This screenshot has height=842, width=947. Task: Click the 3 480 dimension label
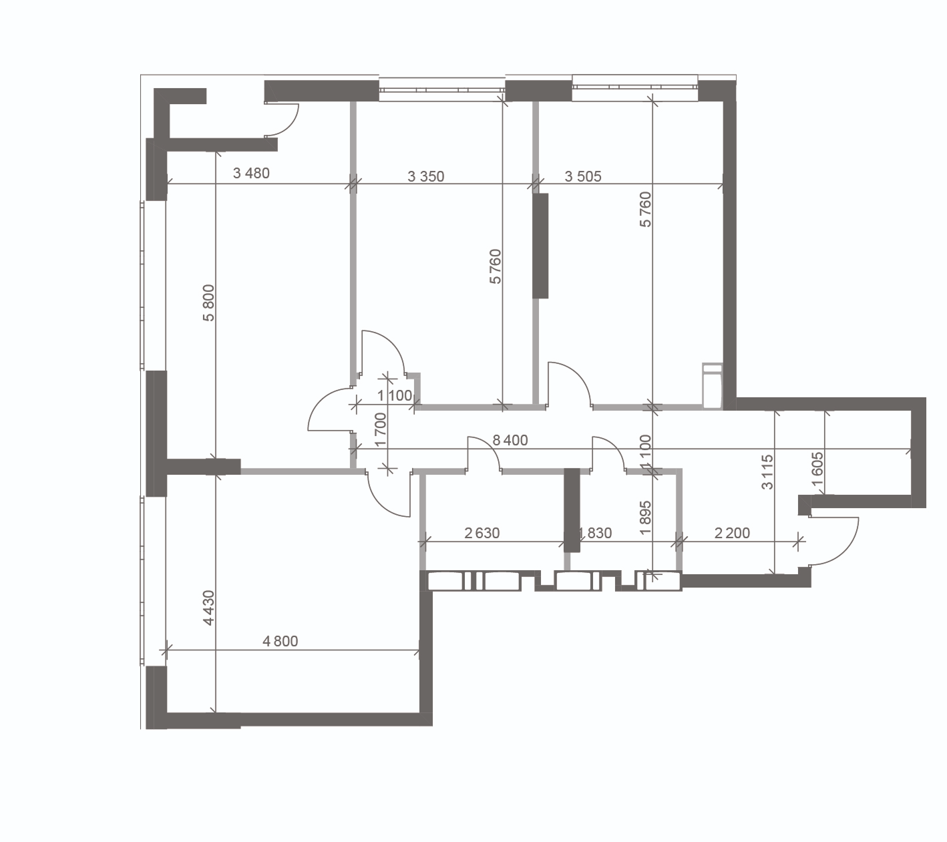tap(251, 174)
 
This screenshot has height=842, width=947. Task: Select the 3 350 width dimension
tap(426, 176)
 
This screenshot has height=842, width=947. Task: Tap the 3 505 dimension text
tap(583, 176)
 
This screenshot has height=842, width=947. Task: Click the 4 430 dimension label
tap(208, 608)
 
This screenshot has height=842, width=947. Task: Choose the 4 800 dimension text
tap(280, 641)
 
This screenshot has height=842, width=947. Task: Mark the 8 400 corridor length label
tap(510, 440)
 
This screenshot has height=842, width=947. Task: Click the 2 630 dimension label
tap(482, 533)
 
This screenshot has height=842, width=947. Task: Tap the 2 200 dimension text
tap(732, 533)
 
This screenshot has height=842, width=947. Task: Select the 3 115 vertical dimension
tap(767, 472)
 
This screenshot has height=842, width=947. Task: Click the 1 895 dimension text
tap(646, 518)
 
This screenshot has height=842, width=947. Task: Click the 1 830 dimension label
tap(594, 533)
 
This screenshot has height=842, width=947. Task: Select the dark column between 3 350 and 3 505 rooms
tap(540, 246)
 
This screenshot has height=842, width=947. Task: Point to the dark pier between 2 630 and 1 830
tap(572, 510)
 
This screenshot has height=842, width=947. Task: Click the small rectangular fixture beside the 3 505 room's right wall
tap(713, 386)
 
